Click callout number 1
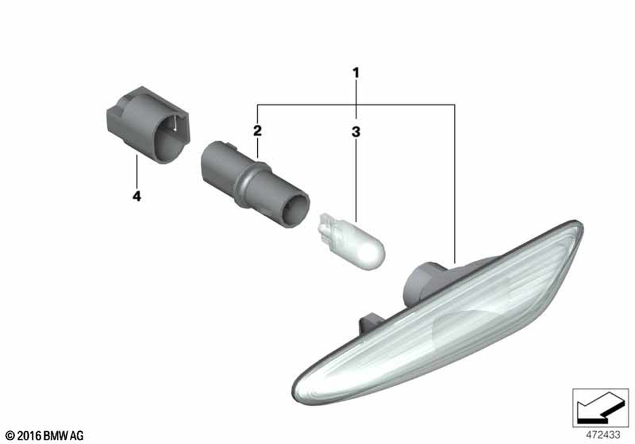(356, 73)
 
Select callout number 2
(257, 131)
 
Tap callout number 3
(356, 132)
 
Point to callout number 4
(137, 197)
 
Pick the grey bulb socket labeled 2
(255, 184)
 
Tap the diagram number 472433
(603, 434)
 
